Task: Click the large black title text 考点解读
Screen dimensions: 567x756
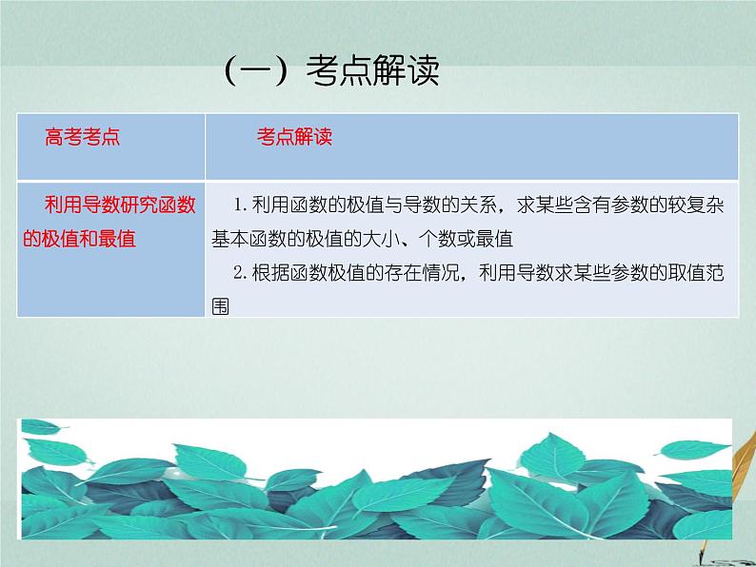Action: [373, 72]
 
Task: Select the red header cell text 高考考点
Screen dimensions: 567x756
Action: [83, 137]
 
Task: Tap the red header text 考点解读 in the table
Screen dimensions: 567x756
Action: [294, 137]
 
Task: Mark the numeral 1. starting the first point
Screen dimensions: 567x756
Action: [239, 205]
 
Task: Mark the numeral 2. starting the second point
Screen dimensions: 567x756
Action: [239, 273]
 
